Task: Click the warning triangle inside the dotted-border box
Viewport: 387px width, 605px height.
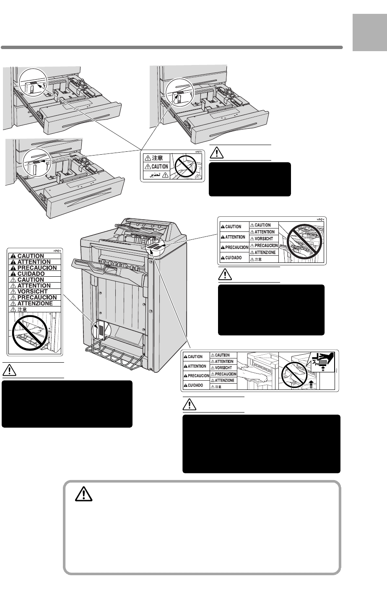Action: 83,495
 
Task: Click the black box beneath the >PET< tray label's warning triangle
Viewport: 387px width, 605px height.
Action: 249,179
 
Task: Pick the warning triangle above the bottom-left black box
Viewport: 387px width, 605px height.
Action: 10,370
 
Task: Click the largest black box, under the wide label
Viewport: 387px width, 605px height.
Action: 261,444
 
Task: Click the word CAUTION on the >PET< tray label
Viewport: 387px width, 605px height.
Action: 159,166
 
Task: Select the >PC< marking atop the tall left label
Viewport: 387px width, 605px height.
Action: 57,250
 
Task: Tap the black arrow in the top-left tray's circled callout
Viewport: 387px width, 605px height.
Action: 41,85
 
